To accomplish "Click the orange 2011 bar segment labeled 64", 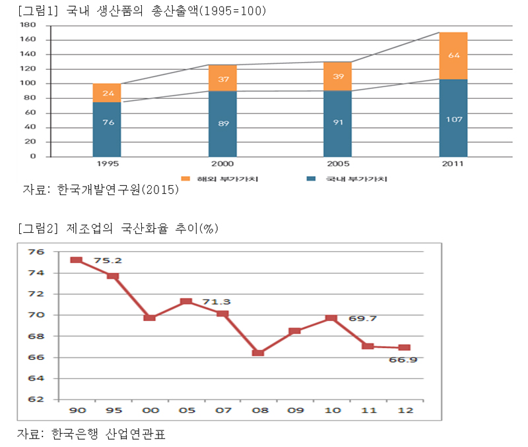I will coord(453,55).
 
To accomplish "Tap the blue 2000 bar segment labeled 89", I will coord(222,124).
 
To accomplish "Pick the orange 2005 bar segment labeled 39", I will coord(338,76).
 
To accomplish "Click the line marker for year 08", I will coord(258,353).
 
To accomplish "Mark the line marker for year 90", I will coord(76,260).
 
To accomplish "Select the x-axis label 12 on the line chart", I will coord(404,410).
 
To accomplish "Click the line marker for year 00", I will coord(149,318).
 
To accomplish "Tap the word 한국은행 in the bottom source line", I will coord(81,435).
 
